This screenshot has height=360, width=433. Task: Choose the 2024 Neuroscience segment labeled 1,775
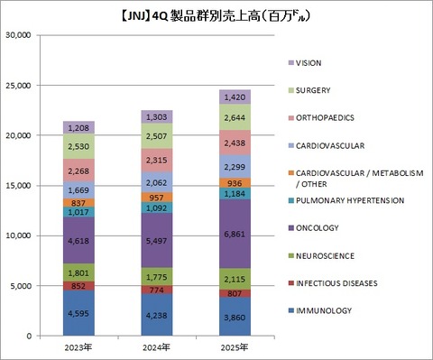[156, 275]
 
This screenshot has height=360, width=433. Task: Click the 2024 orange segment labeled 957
[156, 197]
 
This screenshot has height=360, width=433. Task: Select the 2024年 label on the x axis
[156, 346]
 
